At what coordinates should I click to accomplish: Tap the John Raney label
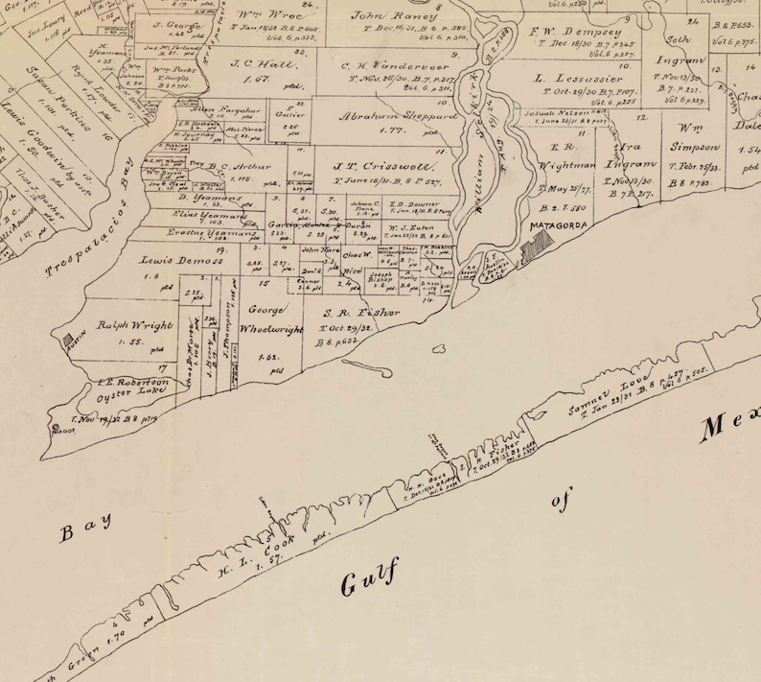tap(380, 16)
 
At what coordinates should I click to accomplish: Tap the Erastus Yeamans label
tap(195, 232)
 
